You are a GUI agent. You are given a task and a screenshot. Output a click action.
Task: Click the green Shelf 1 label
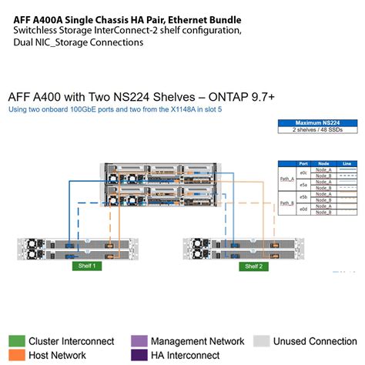pyautogui.click(x=88, y=266)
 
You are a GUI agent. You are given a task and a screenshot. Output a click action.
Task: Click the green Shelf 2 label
pyautogui.click(x=253, y=266)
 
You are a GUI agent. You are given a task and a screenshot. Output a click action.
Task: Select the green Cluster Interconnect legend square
pyautogui.click(x=15, y=341)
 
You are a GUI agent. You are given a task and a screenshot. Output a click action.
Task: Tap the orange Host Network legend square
pyautogui.click(x=15, y=355)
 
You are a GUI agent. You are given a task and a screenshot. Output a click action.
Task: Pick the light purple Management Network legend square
pyautogui.click(x=139, y=341)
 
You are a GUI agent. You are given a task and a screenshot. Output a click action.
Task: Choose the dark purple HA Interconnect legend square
pyautogui.click(x=139, y=355)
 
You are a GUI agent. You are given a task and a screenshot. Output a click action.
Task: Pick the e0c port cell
pyautogui.click(x=303, y=172)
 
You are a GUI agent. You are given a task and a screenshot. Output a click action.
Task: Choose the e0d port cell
pyautogui.click(x=303, y=209)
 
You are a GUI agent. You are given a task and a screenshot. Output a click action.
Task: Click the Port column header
pyautogui.click(x=303, y=163)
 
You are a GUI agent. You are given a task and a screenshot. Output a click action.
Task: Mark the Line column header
pyautogui.click(x=346, y=163)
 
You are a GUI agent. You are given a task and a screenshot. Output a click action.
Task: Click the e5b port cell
pyautogui.click(x=303, y=196)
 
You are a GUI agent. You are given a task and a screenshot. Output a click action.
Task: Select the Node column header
pyautogui.click(x=323, y=163)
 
